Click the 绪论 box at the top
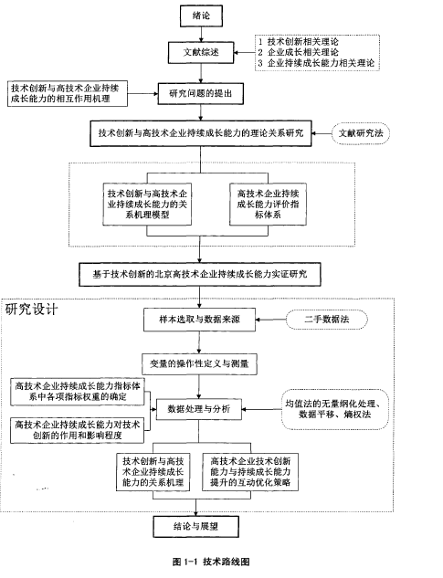[201, 16]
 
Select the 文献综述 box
[201, 52]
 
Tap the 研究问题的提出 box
[201, 94]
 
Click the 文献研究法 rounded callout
[361, 133]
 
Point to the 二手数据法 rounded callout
[327, 320]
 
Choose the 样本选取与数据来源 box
[199, 320]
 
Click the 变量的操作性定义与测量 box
[199, 364]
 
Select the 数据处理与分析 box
[199, 409]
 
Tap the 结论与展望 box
[195, 526]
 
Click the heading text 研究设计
[31, 309]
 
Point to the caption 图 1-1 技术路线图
[211, 562]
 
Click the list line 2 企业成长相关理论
[298, 52]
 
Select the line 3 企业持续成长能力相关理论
[316, 63]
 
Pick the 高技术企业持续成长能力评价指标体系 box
[268, 204]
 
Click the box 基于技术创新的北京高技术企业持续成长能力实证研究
[200, 274]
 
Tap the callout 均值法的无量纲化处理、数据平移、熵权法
[335, 409]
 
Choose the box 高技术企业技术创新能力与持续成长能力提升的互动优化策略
[250, 472]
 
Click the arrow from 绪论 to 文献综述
[201, 34]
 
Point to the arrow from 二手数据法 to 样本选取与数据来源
[270, 320]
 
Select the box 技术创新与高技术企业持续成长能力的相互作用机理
[68, 94]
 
